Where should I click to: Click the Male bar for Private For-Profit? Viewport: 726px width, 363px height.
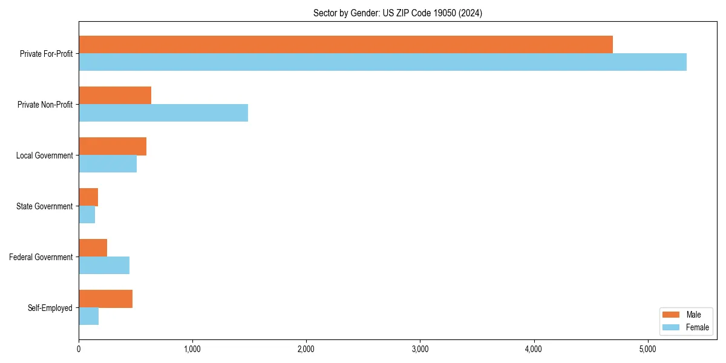click(x=345, y=45)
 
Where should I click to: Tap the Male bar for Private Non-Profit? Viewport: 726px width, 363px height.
click(x=115, y=96)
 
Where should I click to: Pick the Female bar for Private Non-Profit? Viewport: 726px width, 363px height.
click(x=163, y=113)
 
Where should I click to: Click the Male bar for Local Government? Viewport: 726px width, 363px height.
click(x=113, y=146)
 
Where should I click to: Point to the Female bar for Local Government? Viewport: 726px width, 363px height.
click(x=108, y=164)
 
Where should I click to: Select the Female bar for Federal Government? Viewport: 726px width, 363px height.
click(x=104, y=266)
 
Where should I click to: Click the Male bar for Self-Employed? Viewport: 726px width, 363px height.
click(x=105, y=299)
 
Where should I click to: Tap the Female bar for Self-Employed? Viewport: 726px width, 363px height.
click(x=89, y=316)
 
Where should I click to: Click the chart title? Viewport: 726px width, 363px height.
click(x=397, y=13)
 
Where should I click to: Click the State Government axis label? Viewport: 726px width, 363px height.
click(x=45, y=206)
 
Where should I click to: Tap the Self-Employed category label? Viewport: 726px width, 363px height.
click(x=50, y=308)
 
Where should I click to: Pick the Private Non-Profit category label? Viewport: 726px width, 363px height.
click(x=45, y=105)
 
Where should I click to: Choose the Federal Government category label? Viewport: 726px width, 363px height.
click(x=41, y=257)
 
